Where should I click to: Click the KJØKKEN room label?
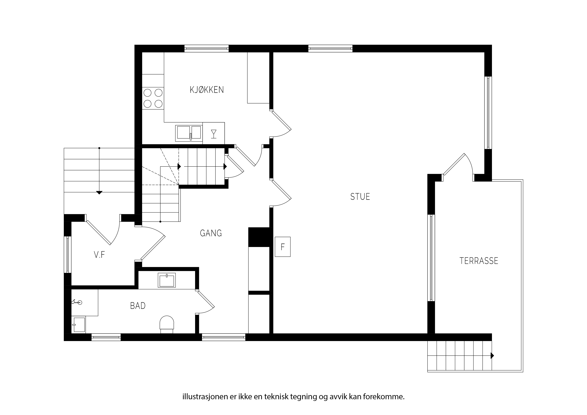[x=207, y=90]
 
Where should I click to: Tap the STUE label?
[x=360, y=196]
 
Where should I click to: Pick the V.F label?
[x=99, y=255]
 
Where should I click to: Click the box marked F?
[x=282, y=247]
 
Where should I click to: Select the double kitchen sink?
[x=189, y=133]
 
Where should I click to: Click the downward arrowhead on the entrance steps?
[x=99, y=193]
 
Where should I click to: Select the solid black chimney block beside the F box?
[x=259, y=237]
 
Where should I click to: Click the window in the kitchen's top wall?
[x=207, y=48]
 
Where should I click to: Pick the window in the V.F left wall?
[x=67, y=254]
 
